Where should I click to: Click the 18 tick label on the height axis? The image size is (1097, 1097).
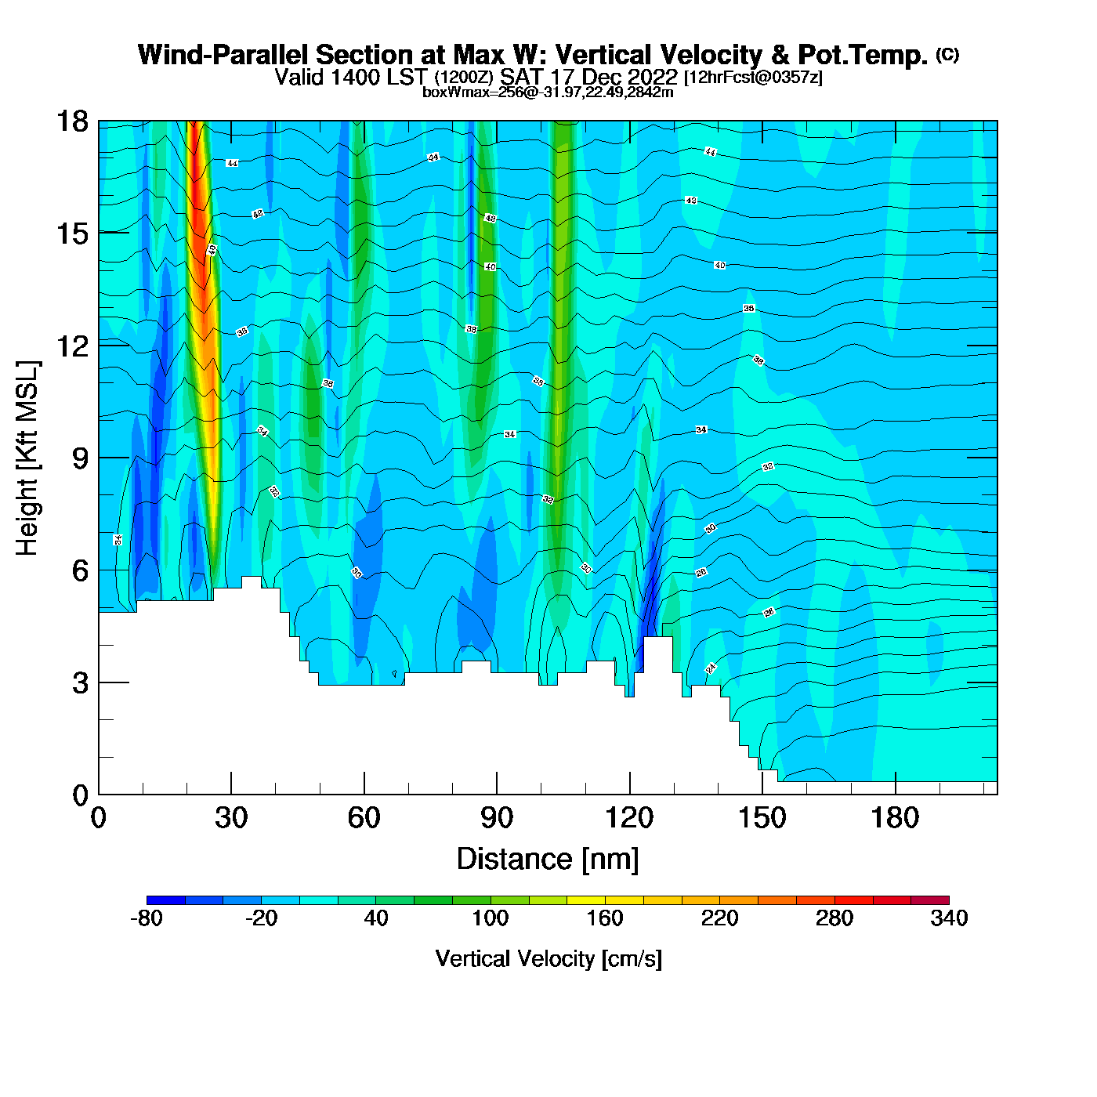point(71,121)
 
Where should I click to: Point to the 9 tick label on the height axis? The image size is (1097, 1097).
point(81,458)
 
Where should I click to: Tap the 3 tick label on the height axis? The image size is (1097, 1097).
point(81,683)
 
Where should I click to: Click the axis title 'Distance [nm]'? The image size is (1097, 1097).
point(548,860)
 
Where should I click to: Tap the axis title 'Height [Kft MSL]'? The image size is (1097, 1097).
point(28,458)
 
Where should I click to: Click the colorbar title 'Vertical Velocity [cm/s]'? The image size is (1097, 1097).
point(548,959)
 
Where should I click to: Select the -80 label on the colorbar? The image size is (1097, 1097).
point(147,918)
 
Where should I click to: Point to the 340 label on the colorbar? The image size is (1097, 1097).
point(949,918)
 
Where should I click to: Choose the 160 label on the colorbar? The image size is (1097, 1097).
point(605,918)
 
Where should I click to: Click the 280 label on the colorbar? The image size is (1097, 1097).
point(835,918)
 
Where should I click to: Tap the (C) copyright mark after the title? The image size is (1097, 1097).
point(947,54)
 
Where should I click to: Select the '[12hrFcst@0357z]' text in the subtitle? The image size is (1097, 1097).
point(753,78)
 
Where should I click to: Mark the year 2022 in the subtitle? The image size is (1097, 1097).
point(649,77)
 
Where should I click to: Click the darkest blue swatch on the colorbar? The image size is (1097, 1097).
point(165,900)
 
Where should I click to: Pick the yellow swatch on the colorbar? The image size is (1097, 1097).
point(586,900)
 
